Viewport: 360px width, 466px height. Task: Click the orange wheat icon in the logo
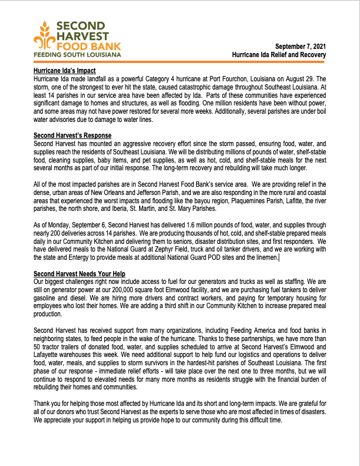click(45, 36)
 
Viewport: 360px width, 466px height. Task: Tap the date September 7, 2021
click(300, 46)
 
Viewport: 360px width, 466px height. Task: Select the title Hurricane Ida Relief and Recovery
click(279, 55)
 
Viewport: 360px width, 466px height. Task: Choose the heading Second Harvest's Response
click(72, 135)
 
